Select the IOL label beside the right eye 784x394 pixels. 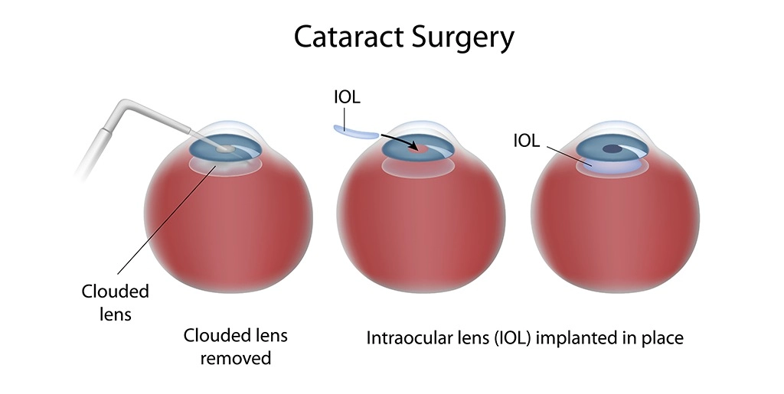[527, 141]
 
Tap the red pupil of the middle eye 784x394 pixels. [416, 148]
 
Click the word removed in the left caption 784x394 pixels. [236, 358]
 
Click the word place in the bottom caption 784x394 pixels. [663, 337]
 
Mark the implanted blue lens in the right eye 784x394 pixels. [612, 162]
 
